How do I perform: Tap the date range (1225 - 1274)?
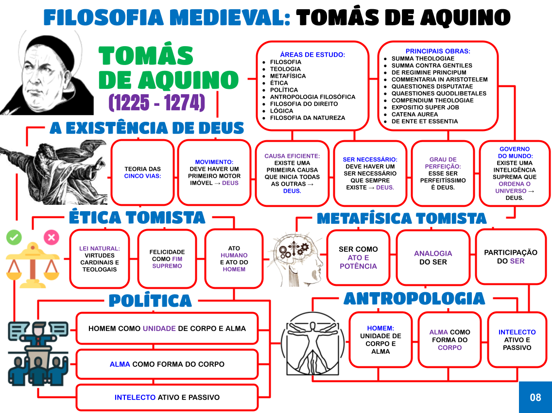pos(157,103)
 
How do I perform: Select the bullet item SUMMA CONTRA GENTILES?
pos(431,66)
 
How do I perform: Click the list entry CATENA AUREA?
pos(414,115)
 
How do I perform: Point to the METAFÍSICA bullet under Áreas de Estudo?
pos(288,76)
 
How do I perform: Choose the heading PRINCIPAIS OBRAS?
pos(438,51)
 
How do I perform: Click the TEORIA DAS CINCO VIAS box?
pos(142,172)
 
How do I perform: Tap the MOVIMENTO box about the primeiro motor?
pos(214,172)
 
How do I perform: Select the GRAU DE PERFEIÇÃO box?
pos(443,173)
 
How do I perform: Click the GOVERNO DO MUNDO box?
pos(514,173)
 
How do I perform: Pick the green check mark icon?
pos(14,237)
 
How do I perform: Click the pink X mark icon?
pos(51,237)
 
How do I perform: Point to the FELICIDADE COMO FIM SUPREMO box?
pos(167,259)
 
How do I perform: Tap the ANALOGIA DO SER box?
pos(432,257)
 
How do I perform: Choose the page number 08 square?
pos(535,397)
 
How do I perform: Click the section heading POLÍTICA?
pos(150,300)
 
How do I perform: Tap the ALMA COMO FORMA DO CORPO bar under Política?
pos(167,364)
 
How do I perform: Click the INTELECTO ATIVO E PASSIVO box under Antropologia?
pos(517,340)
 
